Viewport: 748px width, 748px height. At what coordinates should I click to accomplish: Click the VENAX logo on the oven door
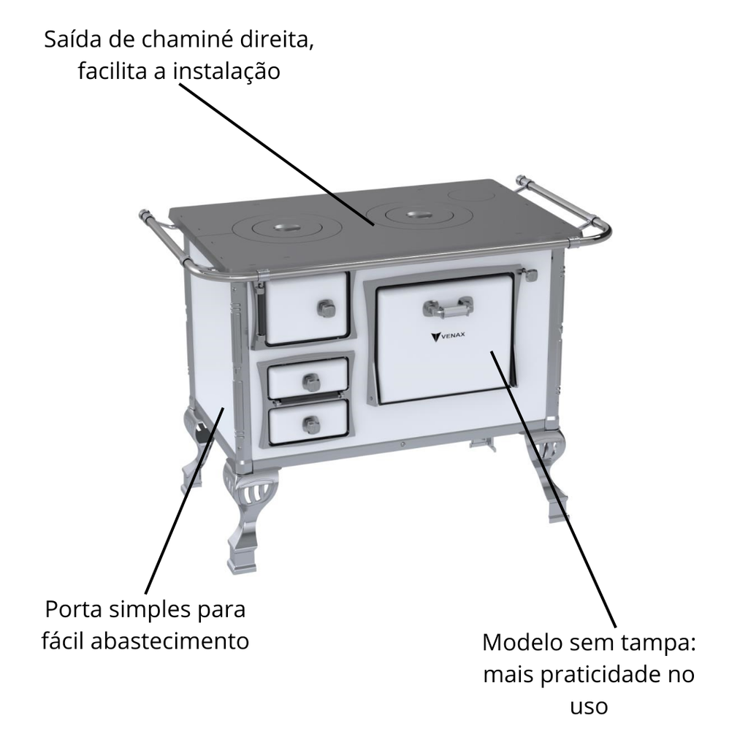point(448,336)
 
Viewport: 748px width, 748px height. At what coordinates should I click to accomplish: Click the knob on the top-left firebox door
point(327,308)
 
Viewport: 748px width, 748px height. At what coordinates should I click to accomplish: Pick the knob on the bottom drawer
point(311,424)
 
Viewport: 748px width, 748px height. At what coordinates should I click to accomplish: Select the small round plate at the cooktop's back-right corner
point(470,194)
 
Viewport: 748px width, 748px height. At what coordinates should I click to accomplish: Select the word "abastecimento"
point(169,641)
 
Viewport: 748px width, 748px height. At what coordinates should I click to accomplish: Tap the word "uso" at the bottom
point(589,707)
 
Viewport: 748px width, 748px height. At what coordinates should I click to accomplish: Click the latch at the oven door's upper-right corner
point(529,275)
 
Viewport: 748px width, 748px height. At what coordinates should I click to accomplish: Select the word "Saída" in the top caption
point(72,39)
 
